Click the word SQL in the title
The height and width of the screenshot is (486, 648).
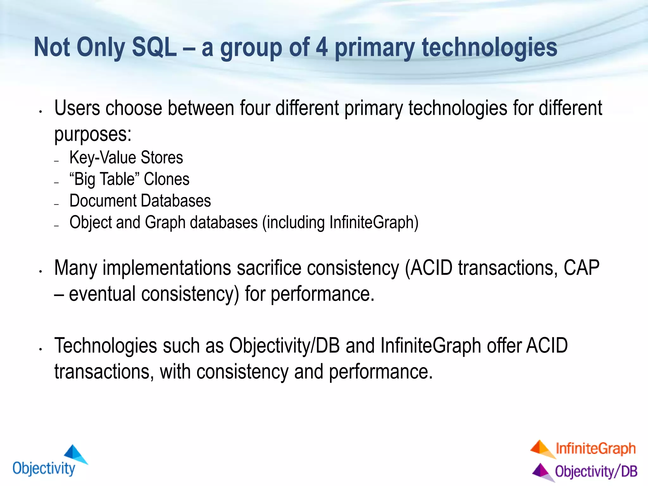(154, 47)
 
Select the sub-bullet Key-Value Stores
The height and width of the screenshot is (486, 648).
(126, 158)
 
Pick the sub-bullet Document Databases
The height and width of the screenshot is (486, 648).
(140, 201)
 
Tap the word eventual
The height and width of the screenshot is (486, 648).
(102, 294)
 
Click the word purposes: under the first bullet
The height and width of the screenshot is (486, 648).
(93, 134)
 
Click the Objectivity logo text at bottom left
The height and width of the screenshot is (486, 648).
(44, 468)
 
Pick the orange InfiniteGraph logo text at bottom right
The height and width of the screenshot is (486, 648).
(595, 449)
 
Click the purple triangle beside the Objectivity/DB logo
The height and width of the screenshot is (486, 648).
(542, 471)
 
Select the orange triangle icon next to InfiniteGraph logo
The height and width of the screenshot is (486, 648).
(542, 449)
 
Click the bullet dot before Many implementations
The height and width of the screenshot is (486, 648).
(40, 271)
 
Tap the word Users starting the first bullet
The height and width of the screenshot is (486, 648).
(77, 108)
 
